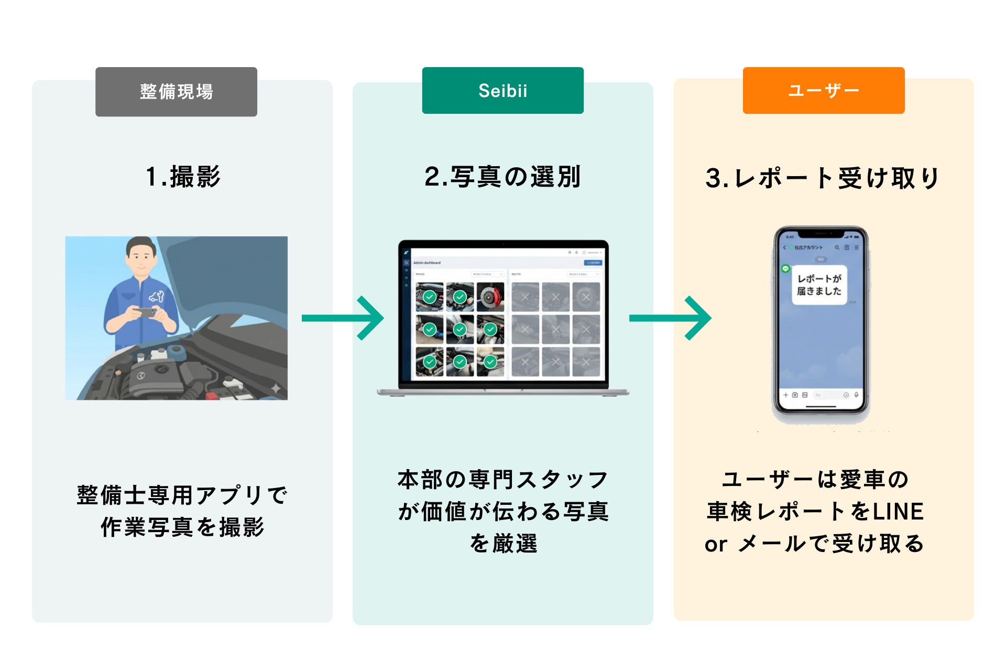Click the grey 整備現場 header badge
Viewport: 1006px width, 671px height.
point(176,92)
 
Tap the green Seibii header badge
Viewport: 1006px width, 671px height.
point(502,91)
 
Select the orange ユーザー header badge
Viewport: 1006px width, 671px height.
point(823,91)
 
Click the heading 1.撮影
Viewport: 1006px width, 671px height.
point(183,177)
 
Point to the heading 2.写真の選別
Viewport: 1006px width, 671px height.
point(502,177)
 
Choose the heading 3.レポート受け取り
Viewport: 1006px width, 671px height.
point(823,178)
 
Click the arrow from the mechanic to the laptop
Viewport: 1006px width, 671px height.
point(343,318)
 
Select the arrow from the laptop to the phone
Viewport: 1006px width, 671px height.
point(670,318)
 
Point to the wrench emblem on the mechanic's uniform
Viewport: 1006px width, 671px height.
point(157,296)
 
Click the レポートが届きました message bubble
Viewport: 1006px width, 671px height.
point(819,285)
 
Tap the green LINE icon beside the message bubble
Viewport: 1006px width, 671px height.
point(785,269)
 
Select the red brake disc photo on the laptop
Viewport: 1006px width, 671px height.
point(490,297)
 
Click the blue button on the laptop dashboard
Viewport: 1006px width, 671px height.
point(593,263)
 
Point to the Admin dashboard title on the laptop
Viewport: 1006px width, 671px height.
point(427,263)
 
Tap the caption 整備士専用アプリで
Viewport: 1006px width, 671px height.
point(182,495)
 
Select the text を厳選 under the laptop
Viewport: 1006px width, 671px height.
point(503,544)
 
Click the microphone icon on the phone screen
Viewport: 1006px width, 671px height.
point(856,395)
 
